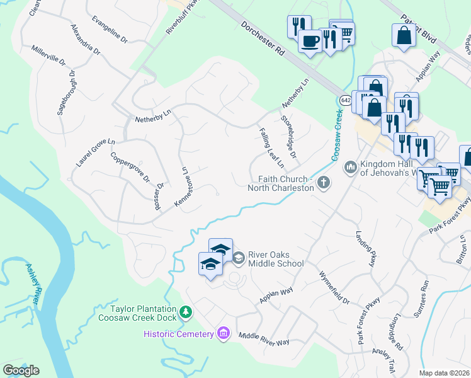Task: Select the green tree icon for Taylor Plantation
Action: (185, 312)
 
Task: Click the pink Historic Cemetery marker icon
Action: (222, 333)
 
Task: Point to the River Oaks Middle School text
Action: (276, 259)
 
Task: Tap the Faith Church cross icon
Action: (324, 183)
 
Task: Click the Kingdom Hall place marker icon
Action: (350, 168)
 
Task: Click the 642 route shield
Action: (346, 100)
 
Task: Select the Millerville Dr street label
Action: (48, 55)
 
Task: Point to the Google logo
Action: (21, 370)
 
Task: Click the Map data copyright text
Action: (444, 373)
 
